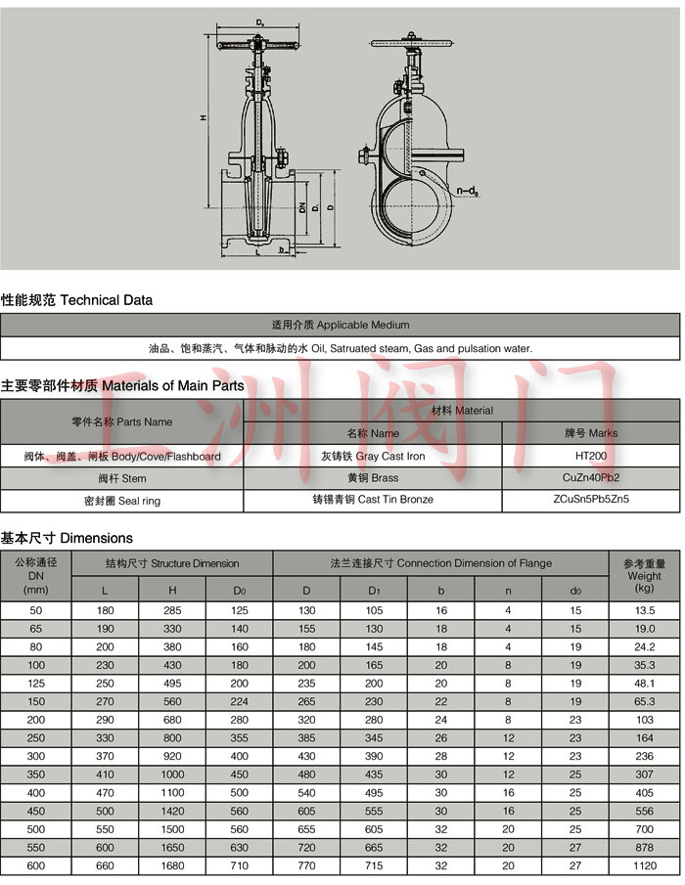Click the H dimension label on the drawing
tap(203, 117)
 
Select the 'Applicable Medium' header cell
tap(340, 325)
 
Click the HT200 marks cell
tap(590, 457)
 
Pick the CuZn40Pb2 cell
tap(590, 478)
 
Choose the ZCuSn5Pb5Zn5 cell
tap(590, 500)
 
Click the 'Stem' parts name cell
tap(121, 478)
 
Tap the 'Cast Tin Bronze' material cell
tap(372, 500)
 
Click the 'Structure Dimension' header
tap(172, 563)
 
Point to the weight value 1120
tap(644, 866)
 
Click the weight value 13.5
tap(644, 609)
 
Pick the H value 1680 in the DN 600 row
tap(172, 866)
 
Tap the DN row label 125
tap(36, 683)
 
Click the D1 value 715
tap(374, 866)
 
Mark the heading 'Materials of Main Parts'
tap(122, 385)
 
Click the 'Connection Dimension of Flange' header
tap(440, 563)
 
